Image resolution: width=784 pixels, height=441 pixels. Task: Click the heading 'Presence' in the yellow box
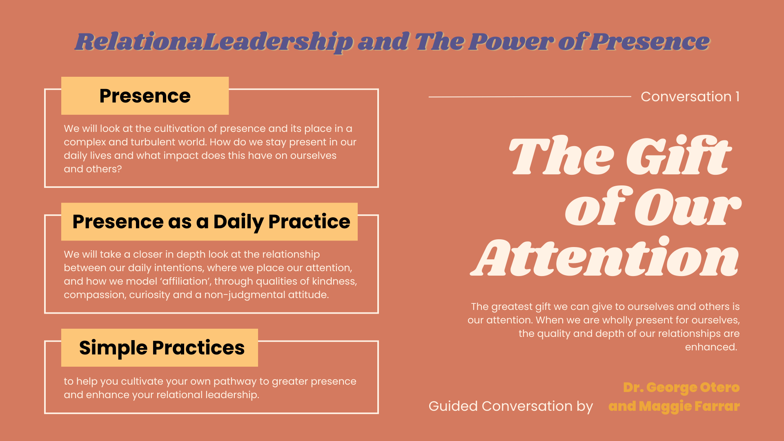(x=145, y=96)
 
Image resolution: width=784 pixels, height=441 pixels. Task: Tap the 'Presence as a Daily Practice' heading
(x=211, y=222)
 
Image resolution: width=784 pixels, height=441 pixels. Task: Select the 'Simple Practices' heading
(x=162, y=348)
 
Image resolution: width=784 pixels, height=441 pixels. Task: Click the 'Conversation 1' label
(x=690, y=97)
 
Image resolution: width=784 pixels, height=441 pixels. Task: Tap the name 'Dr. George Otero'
(x=681, y=387)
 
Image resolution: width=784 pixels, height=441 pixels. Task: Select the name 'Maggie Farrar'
(x=689, y=406)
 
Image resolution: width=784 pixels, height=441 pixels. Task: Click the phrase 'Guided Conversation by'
(x=510, y=406)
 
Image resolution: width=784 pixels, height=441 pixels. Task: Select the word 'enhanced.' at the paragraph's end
(x=711, y=347)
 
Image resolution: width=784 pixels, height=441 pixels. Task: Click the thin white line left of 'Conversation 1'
(x=530, y=97)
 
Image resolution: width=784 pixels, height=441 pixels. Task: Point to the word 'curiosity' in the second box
(x=149, y=295)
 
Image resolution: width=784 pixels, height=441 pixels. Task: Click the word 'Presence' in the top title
(x=650, y=41)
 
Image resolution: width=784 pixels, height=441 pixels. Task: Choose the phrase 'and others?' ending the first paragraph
(x=93, y=169)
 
